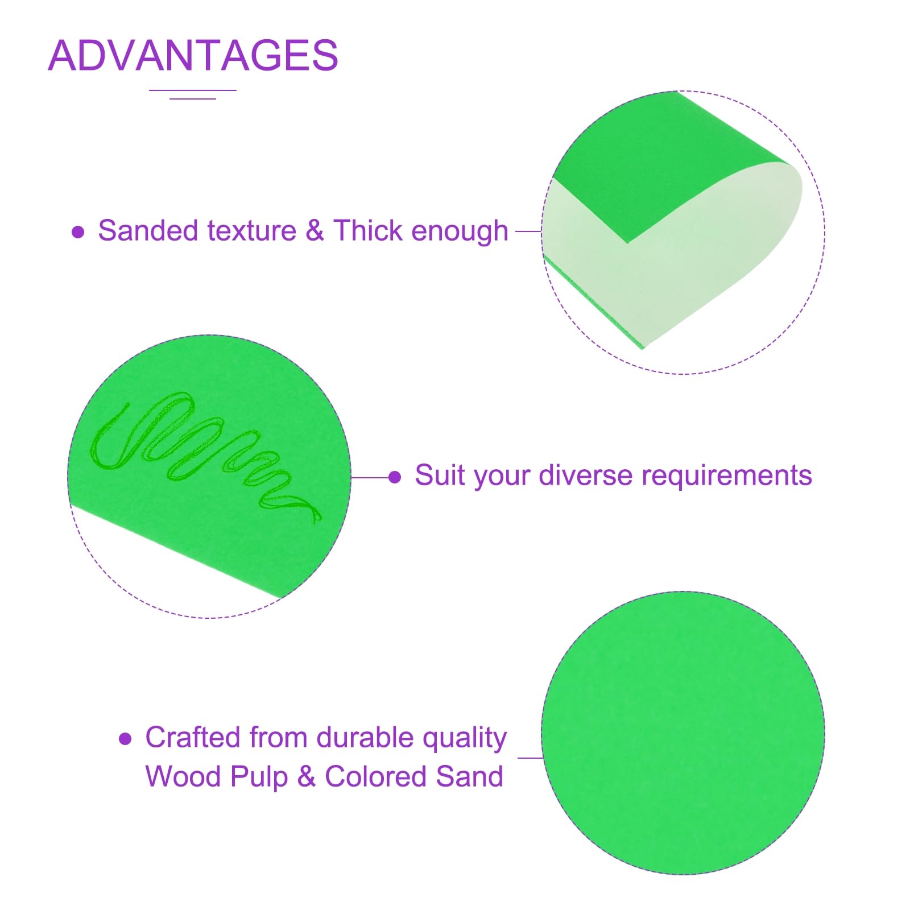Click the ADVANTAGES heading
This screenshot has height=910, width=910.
click(193, 55)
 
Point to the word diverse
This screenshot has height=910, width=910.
click(586, 475)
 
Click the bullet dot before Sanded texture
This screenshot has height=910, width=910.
click(78, 232)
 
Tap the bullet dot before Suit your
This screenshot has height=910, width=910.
click(395, 477)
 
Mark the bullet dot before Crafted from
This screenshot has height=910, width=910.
click(125, 739)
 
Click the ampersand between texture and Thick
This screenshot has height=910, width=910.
click(315, 231)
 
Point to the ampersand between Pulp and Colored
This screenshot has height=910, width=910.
click(306, 776)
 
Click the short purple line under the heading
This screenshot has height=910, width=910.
click(193, 99)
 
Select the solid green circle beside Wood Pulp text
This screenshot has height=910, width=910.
click(683, 733)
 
